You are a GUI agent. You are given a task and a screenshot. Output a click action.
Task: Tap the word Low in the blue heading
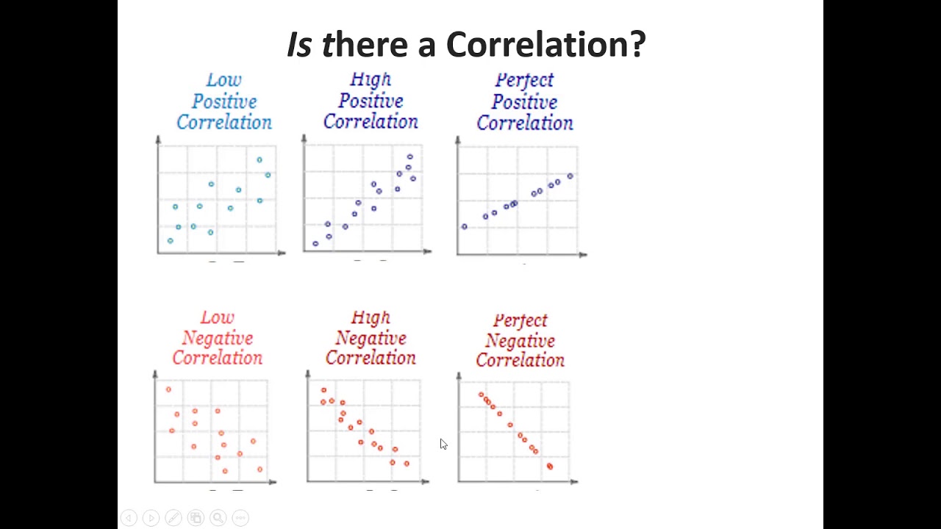tap(223, 80)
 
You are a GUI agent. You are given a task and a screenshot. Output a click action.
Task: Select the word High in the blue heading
tap(371, 79)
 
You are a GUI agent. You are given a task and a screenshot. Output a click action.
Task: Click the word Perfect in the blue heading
tap(524, 80)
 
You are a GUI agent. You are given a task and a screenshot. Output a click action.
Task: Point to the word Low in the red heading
tap(217, 318)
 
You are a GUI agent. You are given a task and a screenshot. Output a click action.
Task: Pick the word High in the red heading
tap(371, 318)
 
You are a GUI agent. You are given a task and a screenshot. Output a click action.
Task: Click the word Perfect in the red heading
tap(520, 321)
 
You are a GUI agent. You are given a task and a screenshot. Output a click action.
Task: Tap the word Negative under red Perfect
tap(520, 341)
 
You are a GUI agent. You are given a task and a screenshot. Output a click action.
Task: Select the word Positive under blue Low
tap(223, 101)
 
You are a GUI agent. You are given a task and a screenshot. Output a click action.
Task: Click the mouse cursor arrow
tap(443, 444)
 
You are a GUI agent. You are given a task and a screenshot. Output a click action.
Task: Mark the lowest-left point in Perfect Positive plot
tap(465, 226)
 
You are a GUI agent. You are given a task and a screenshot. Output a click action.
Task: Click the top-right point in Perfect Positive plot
tap(570, 176)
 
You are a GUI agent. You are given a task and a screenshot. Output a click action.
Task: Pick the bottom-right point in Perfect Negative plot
tap(549, 467)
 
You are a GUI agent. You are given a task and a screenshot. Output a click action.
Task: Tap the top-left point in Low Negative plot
tap(168, 389)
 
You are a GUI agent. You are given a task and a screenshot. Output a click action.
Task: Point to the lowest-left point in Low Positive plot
tap(171, 241)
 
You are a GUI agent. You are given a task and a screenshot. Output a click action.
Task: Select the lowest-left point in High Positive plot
tap(315, 243)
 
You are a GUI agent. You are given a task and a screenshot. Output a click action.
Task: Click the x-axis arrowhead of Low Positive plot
tap(282, 253)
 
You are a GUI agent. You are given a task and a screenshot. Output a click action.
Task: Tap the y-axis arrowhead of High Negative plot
tap(307, 373)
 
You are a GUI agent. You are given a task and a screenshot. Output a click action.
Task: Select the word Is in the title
tap(300, 45)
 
